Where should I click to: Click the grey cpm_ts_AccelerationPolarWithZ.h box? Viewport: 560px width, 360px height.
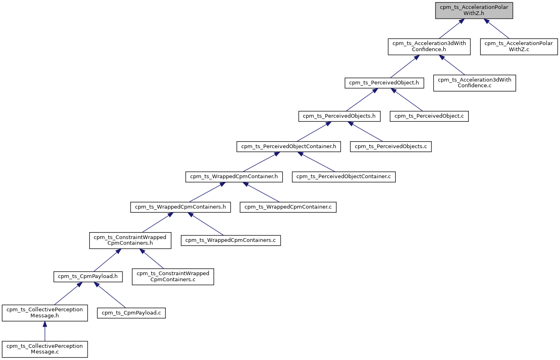pyautogui.click(x=474, y=10)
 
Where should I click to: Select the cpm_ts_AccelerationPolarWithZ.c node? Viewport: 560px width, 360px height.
pyautogui.click(x=519, y=46)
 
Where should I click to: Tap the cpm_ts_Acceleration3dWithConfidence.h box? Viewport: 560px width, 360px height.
pyautogui.click(x=429, y=46)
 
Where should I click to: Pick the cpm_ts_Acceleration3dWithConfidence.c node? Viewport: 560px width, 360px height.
pyautogui.click(x=474, y=82)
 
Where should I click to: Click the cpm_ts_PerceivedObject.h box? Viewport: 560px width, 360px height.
pyautogui.click(x=384, y=83)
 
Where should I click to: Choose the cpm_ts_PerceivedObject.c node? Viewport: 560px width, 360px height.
pyautogui.click(x=429, y=116)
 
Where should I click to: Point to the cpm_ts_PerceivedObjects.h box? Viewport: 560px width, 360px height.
pyautogui.click(x=339, y=116)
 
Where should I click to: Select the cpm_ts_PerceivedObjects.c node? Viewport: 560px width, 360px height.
pyautogui.click(x=390, y=147)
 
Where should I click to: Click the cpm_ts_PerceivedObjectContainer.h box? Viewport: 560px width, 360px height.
pyautogui.click(x=288, y=147)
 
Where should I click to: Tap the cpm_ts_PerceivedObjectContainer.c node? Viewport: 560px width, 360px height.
pyautogui.click(x=343, y=177)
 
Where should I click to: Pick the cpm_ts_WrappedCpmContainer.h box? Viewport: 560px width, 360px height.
pyautogui.click(x=234, y=177)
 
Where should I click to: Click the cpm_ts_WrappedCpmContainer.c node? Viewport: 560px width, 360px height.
pyautogui.click(x=288, y=207)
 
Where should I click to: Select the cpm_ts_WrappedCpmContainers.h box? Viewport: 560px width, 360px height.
pyautogui.click(x=180, y=207)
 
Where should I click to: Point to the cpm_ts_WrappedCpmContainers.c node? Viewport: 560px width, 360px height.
pyautogui.click(x=230, y=240)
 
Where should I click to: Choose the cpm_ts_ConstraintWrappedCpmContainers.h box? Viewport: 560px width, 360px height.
pyautogui.click(x=130, y=240)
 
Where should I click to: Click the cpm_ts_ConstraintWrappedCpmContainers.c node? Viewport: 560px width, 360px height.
pyautogui.click(x=173, y=276)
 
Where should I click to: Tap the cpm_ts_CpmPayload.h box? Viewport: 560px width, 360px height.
pyautogui.click(x=88, y=276)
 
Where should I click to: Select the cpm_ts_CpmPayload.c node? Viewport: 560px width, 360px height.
pyautogui.click(x=131, y=313)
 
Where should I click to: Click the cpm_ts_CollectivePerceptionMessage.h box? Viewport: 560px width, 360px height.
pyautogui.click(x=45, y=313)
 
